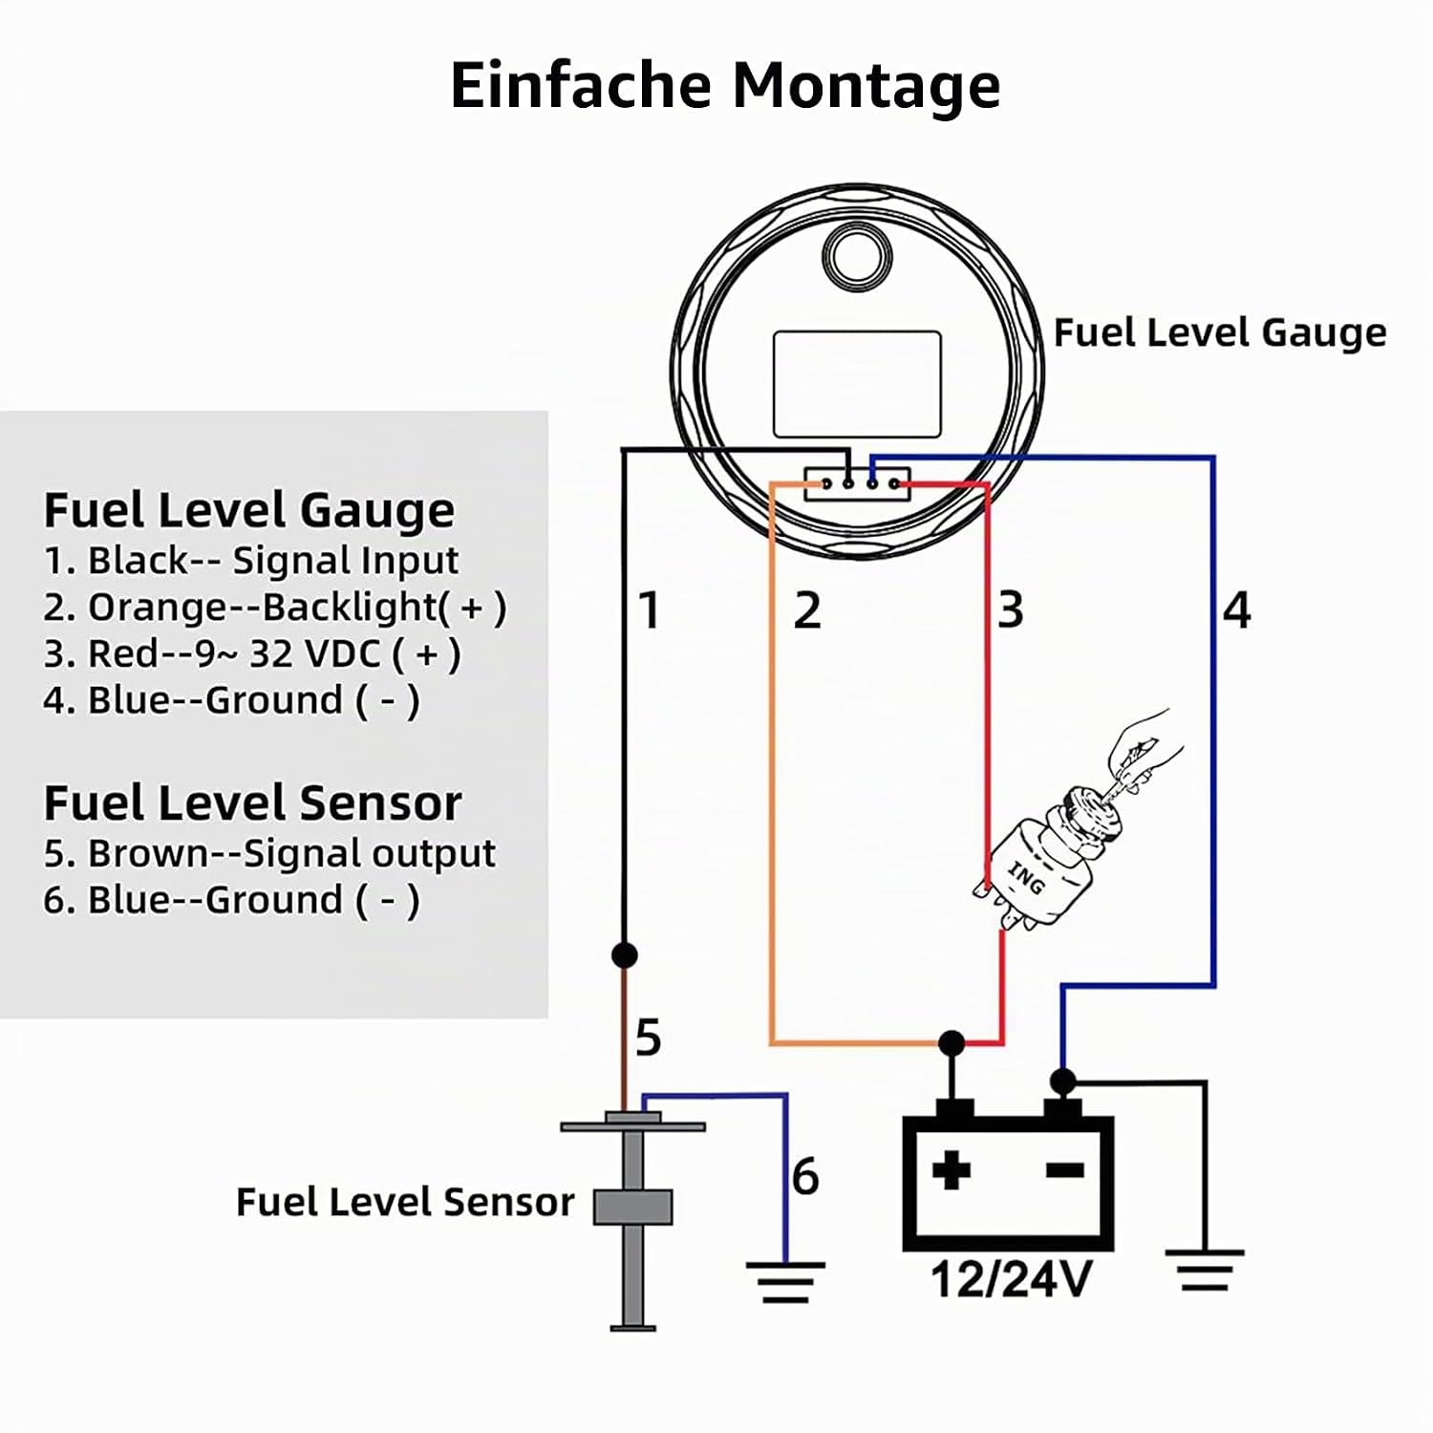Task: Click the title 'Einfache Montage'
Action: pos(725,87)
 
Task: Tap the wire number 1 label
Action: pos(650,610)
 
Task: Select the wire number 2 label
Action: pos(807,610)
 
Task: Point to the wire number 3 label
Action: pos(1011,610)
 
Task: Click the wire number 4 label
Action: pos(1237,610)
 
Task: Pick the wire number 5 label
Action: pos(648,1037)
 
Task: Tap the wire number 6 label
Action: pos(805,1176)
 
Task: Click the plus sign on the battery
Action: pos(952,1169)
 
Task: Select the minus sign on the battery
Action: pos(1065,1169)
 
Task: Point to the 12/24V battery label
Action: pos(1011,1279)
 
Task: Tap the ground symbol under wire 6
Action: pos(785,1283)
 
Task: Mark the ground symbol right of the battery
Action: pos(1205,1271)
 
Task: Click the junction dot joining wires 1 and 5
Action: pos(624,954)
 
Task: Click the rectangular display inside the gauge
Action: pos(857,384)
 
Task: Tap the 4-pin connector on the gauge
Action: pos(858,483)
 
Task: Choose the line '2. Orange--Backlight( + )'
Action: pos(275,608)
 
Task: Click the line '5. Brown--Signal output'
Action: pos(269,854)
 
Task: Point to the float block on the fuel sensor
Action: pos(632,1206)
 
